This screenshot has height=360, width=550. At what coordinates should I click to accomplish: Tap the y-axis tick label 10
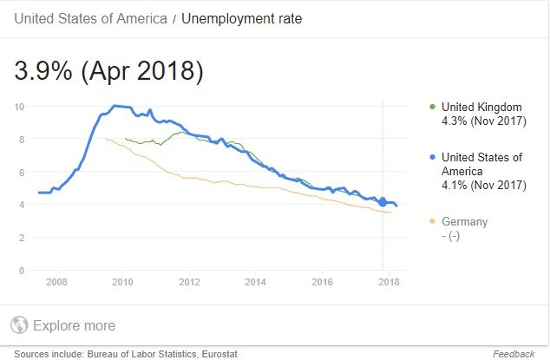[20, 106]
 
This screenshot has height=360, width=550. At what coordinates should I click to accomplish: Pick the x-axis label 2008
[56, 283]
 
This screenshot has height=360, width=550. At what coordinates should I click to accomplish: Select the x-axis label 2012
[189, 283]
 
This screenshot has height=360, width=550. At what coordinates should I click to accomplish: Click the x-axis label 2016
[322, 283]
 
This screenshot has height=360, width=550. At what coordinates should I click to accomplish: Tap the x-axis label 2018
[389, 283]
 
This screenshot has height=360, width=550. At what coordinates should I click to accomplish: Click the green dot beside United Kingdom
[433, 107]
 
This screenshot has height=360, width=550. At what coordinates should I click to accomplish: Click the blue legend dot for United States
[433, 158]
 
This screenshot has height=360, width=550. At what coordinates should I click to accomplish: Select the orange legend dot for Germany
[433, 222]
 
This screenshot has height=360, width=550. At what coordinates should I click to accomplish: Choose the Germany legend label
[464, 222]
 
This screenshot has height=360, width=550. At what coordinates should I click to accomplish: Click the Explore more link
[74, 326]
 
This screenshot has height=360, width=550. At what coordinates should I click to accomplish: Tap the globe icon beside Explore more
[19, 326]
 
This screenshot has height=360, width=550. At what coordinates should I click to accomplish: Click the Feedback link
[514, 354]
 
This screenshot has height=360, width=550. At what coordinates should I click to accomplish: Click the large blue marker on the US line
[383, 203]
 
